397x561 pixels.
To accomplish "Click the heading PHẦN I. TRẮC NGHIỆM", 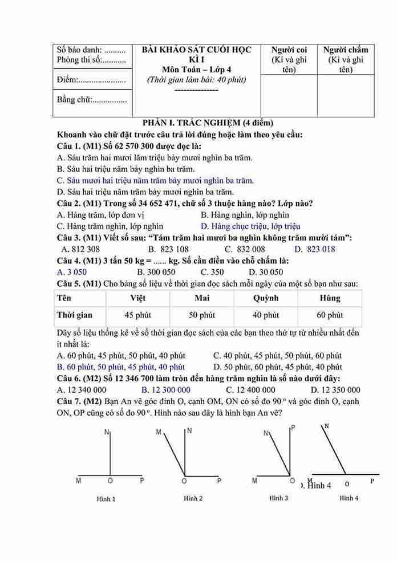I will click(208, 123).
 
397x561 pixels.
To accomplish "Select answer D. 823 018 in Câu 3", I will click(314, 249).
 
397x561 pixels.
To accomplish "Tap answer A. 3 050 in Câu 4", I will click(72, 272).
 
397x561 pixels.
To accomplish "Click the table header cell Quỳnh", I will click(265, 298).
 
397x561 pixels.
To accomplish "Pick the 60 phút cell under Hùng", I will click(330, 315).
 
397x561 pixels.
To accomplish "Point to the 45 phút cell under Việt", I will click(137, 315).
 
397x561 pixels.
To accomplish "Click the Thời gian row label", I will click(74, 315).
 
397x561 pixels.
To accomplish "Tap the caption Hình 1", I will click(106, 499).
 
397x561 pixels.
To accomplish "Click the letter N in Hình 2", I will click(189, 431).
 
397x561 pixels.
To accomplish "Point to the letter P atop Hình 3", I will click(293, 427).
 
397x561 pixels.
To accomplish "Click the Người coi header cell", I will click(289, 59).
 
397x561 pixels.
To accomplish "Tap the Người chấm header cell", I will click(345, 59).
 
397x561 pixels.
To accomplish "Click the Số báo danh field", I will click(91, 50).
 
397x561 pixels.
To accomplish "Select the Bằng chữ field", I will click(91, 100).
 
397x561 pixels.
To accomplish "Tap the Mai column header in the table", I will click(202, 298).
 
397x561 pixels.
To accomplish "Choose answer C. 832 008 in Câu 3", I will click(245, 249).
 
